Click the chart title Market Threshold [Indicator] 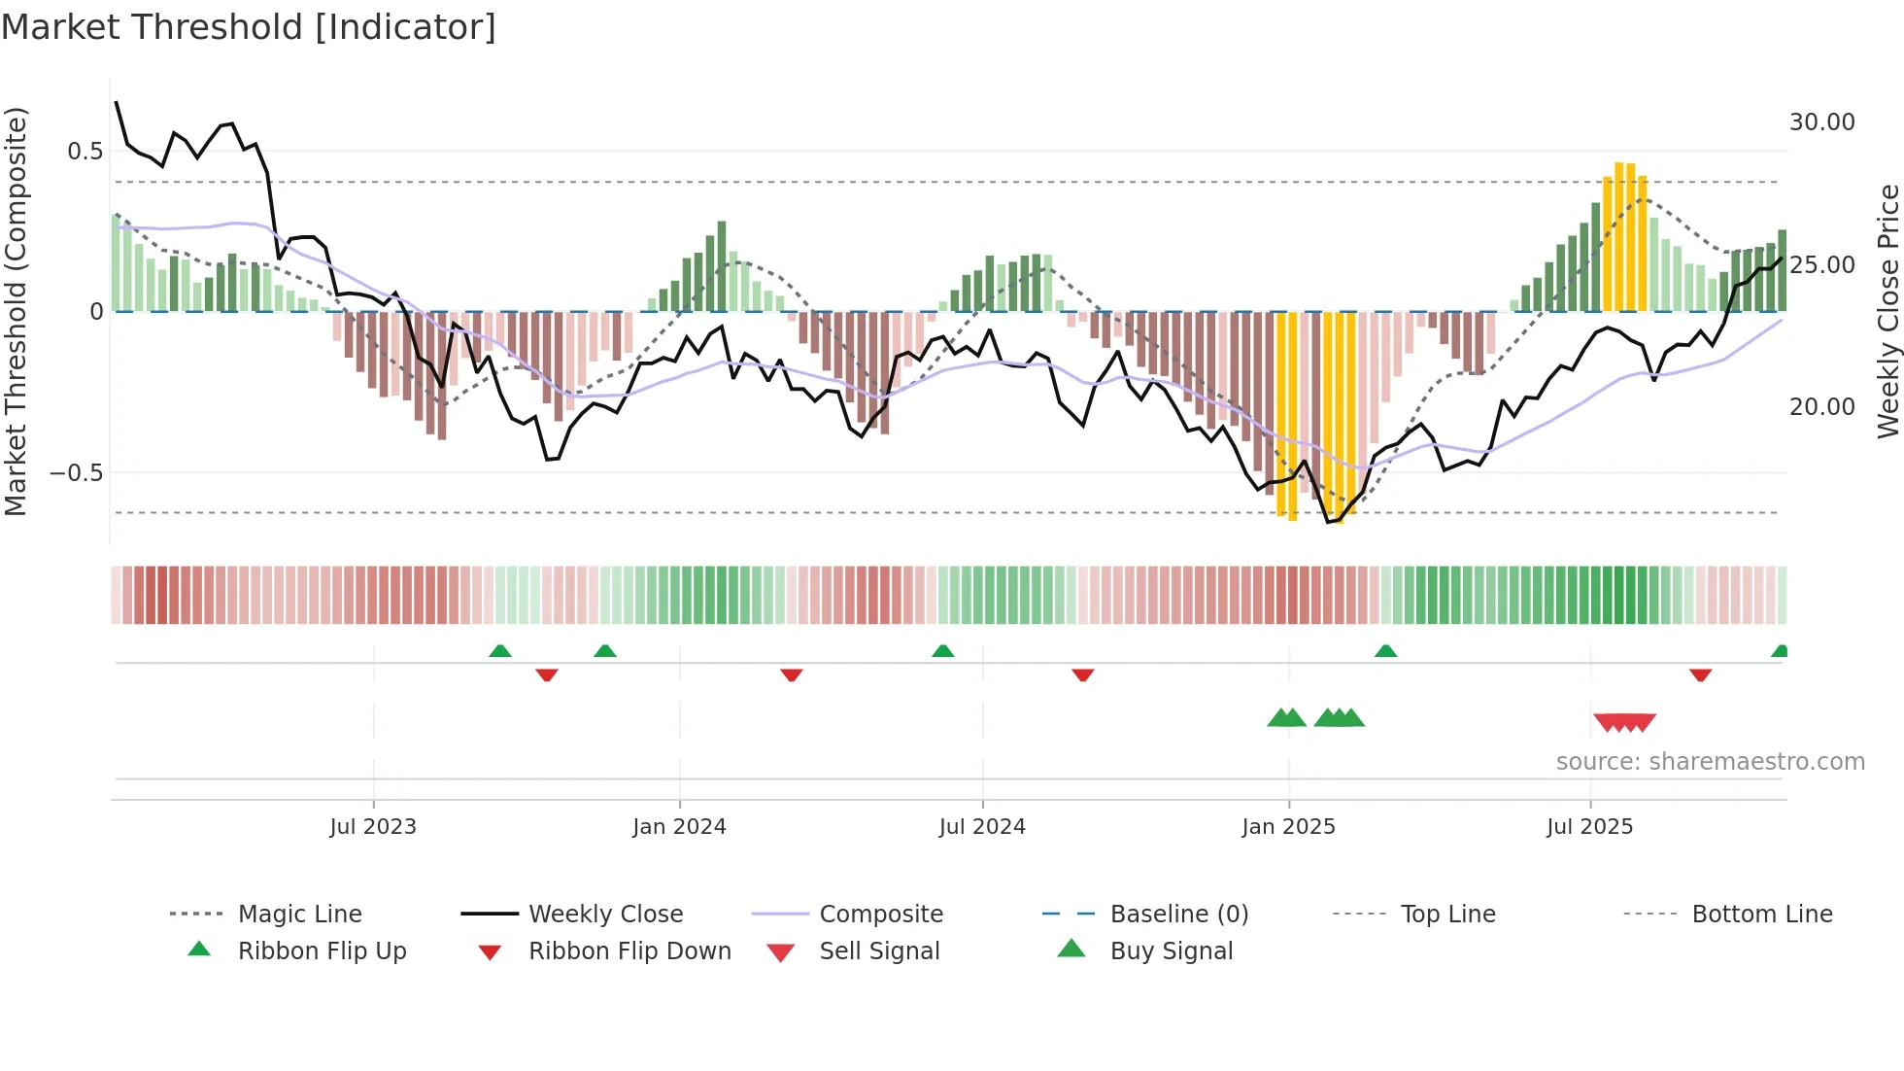point(249,27)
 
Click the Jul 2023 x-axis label point(373,826)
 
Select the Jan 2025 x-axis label point(1288,826)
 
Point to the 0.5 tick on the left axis point(85,151)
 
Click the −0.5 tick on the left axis point(78,473)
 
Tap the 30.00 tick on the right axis point(1821,122)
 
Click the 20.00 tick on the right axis point(1821,406)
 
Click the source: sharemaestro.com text point(1710,761)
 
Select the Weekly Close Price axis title point(1887,311)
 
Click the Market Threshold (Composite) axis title point(16,311)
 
